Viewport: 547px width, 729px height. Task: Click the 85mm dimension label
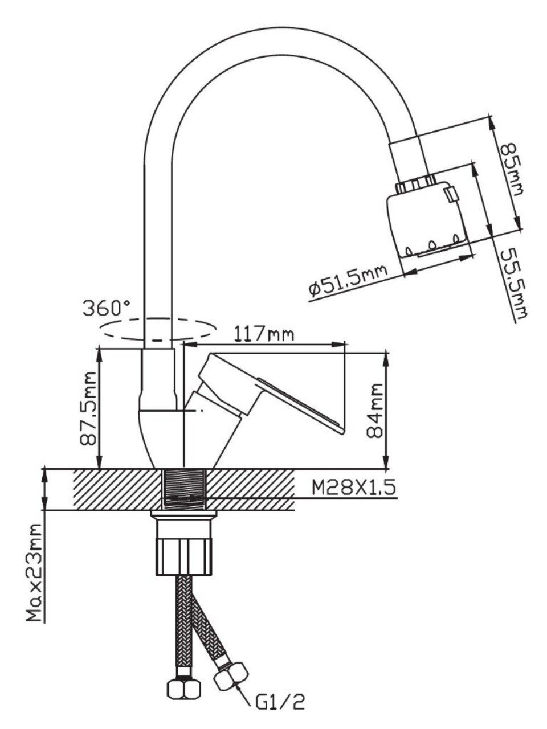511,169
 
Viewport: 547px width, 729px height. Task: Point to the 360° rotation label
107,308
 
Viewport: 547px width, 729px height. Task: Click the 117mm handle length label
264,334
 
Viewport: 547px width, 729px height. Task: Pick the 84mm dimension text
374,411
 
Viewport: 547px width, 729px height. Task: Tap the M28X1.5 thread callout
354,488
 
